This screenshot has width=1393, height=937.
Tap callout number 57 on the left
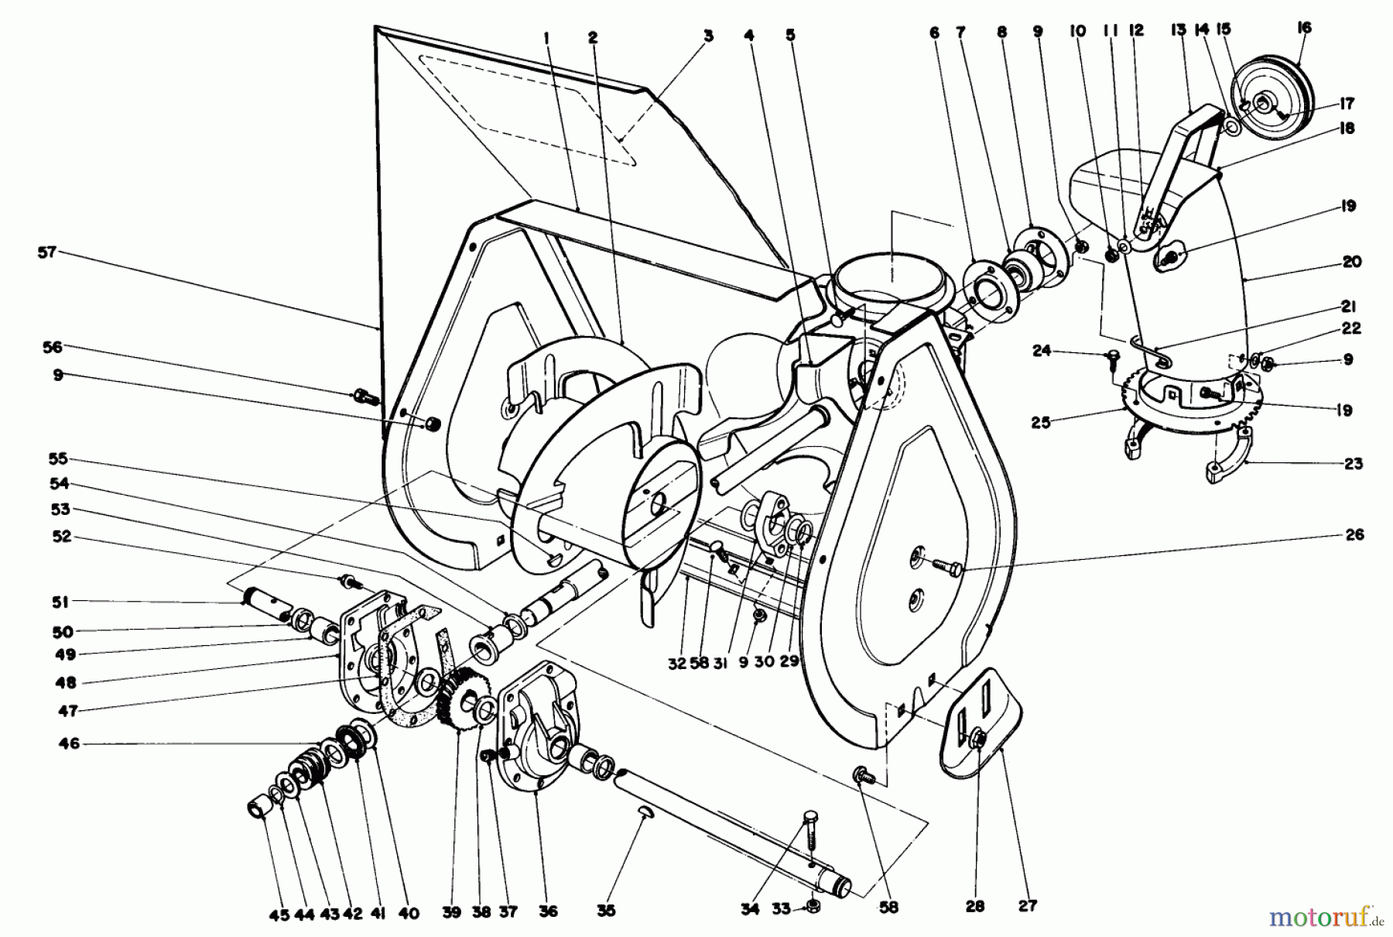[x=48, y=252]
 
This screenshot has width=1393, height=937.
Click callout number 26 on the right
[x=1354, y=534]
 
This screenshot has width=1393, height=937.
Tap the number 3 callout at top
[x=708, y=36]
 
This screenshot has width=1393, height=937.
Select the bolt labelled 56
[x=364, y=396]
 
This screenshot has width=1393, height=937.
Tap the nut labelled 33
[x=813, y=904]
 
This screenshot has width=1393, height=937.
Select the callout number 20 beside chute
[x=1352, y=262]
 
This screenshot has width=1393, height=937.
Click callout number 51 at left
[x=61, y=602]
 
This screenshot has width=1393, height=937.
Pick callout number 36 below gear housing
[x=548, y=912]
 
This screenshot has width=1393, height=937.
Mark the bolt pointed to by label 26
[x=945, y=568]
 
